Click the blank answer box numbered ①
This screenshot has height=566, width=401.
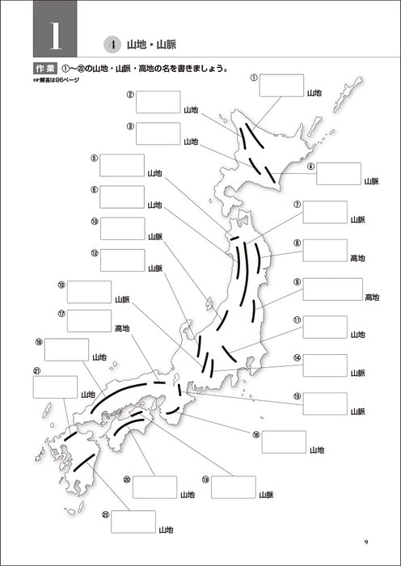point(282,85)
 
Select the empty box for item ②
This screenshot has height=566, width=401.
point(158,102)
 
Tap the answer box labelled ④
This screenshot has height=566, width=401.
point(339,173)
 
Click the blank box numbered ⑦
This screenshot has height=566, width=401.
point(325,212)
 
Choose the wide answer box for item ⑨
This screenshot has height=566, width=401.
point(333,289)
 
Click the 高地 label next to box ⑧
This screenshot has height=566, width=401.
point(357,258)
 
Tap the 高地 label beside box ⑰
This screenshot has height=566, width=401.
point(122,328)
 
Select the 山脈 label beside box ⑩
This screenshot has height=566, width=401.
point(155,236)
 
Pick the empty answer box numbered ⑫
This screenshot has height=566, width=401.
point(123,260)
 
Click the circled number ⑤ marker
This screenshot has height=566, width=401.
point(95,158)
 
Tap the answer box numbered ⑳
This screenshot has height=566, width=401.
point(154,487)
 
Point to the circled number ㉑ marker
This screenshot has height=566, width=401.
point(36,371)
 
